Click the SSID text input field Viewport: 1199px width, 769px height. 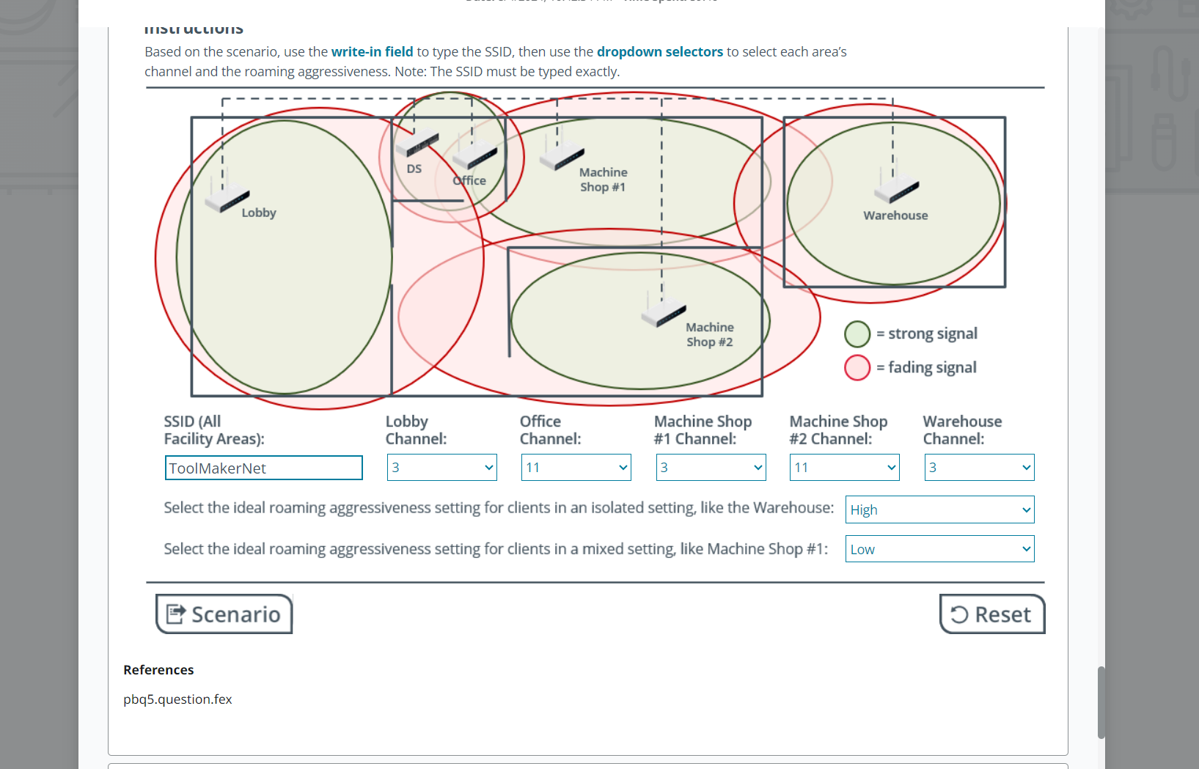263,468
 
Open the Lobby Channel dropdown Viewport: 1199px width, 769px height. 441,468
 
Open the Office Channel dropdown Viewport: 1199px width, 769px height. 576,468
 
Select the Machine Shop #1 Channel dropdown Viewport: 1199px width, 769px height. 711,468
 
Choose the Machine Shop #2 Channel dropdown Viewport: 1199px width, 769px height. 844,468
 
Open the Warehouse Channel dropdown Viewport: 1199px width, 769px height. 979,468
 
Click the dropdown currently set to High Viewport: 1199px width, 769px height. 939,509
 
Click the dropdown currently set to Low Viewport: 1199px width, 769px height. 939,549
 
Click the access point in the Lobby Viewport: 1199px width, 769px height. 227,197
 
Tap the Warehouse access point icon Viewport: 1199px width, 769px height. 896,188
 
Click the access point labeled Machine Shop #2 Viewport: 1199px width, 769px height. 663,313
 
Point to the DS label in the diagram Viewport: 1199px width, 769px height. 414,169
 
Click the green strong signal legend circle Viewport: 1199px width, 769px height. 857,334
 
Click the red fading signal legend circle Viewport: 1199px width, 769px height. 857,367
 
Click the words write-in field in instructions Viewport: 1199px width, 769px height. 372,52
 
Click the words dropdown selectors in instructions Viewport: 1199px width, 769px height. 659,52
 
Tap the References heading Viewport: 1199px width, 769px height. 158,670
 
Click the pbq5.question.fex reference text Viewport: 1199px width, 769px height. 177,699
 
